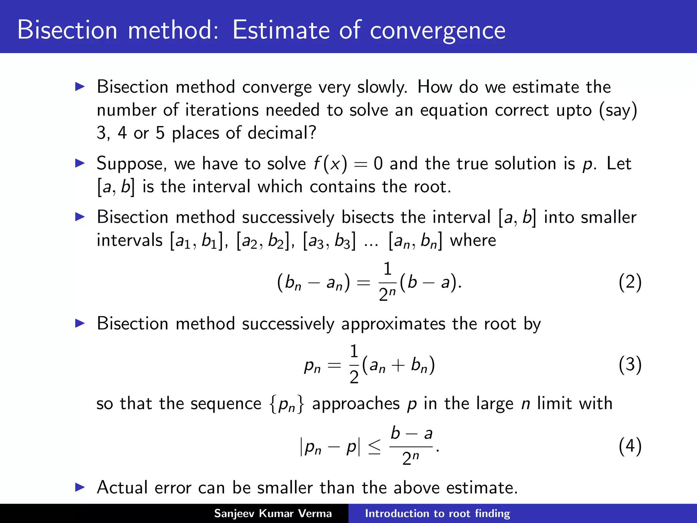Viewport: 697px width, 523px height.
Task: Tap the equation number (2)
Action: coord(630,282)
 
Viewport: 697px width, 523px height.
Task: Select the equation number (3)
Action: coord(630,364)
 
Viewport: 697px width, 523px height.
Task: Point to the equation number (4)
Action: coord(630,446)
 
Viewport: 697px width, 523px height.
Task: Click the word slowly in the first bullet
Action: coord(382,87)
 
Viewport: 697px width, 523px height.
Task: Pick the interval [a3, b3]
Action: coord(329,240)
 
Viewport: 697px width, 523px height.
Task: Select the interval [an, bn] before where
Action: coord(415,240)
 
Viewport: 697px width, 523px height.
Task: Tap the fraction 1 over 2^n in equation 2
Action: coord(387,282)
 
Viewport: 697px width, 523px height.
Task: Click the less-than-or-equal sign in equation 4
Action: coord(374,447)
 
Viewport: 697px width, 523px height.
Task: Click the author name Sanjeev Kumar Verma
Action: coord(273,513)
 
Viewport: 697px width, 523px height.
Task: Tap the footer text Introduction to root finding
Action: coord(437,513)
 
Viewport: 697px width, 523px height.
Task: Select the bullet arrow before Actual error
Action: coord(80,487)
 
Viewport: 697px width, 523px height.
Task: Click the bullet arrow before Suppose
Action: coord(80,163)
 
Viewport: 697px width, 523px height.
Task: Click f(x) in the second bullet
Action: coord(330,164)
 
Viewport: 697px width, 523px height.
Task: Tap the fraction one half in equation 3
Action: coord(354,364)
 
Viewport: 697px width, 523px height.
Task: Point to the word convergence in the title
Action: coord(437,31)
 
